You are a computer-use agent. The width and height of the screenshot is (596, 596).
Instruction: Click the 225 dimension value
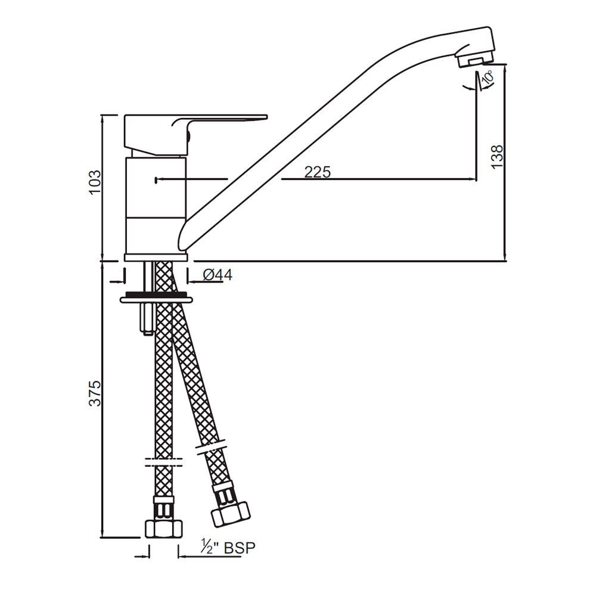tap(317, 172)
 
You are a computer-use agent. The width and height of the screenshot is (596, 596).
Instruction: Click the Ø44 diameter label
tap(218, 275)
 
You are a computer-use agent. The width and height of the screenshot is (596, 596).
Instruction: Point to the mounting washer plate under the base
tap(156, 298)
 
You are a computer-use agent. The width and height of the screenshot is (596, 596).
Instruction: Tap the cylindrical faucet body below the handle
tap(156, 203)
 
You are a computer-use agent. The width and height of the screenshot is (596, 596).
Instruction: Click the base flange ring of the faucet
tap(156, 257)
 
